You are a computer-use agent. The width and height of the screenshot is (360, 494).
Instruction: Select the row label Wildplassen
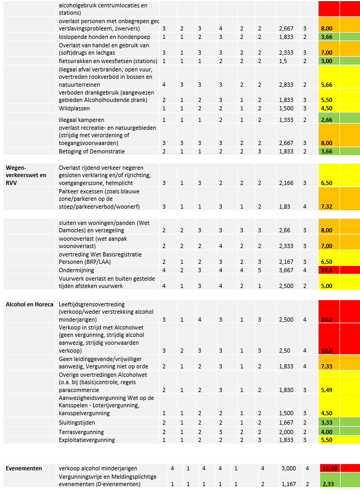pos(75,108)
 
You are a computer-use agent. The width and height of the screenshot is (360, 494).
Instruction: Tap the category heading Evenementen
pos(24,468)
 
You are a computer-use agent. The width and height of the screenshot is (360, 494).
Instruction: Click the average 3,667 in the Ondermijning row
pos(286,270)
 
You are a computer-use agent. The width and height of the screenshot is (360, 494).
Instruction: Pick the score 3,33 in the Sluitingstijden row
pos(326,422)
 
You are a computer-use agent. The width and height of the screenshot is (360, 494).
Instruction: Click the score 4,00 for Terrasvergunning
pos(326,431)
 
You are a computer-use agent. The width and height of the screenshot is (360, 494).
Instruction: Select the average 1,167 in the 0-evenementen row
pos(290,483)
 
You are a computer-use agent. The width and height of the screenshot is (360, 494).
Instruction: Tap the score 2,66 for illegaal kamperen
pos(326,120)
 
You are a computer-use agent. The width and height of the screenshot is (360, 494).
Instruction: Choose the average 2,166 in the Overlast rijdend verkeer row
pos(286,183)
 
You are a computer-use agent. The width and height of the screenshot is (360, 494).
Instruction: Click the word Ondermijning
pos(77,270)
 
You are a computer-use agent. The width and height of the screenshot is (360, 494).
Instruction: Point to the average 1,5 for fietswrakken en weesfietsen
pos(283,61)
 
